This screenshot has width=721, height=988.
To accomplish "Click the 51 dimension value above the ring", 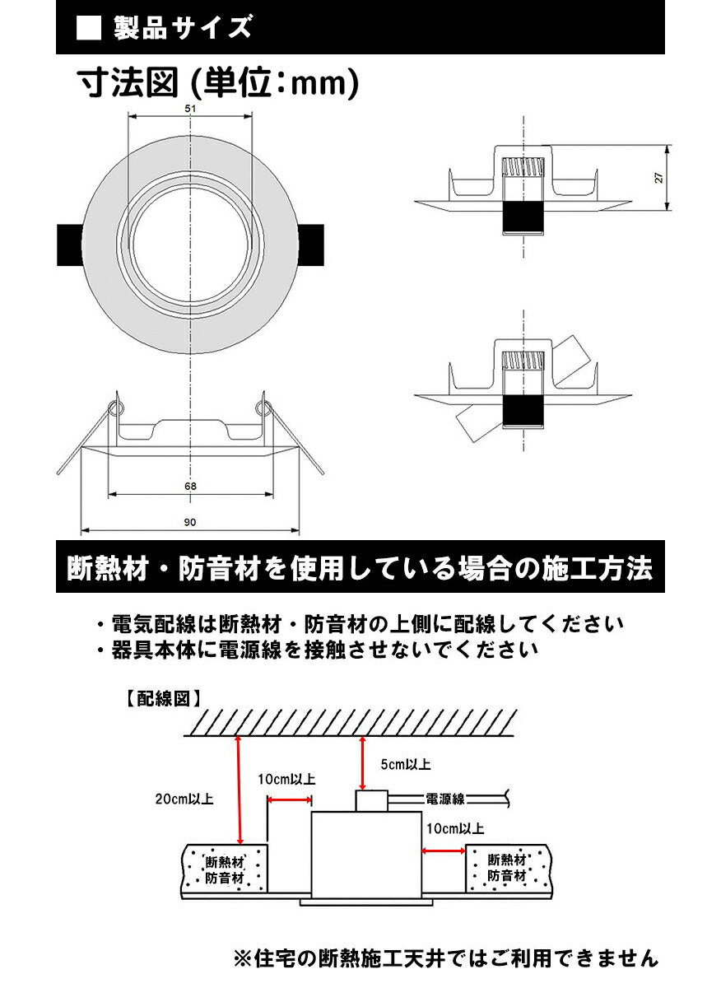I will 190,109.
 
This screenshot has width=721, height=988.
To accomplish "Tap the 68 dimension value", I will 191,486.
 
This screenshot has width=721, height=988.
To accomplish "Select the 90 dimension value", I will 190,521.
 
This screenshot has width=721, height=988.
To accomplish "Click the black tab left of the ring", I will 70,245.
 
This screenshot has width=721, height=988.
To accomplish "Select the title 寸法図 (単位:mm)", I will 217,84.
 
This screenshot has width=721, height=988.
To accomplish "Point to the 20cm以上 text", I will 184,799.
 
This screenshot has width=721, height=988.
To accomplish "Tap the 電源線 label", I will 445,798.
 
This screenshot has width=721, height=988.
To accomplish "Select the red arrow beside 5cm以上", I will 363,762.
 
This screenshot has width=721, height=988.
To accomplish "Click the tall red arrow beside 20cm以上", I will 239,791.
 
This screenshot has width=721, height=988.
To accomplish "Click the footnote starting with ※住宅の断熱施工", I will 445,958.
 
